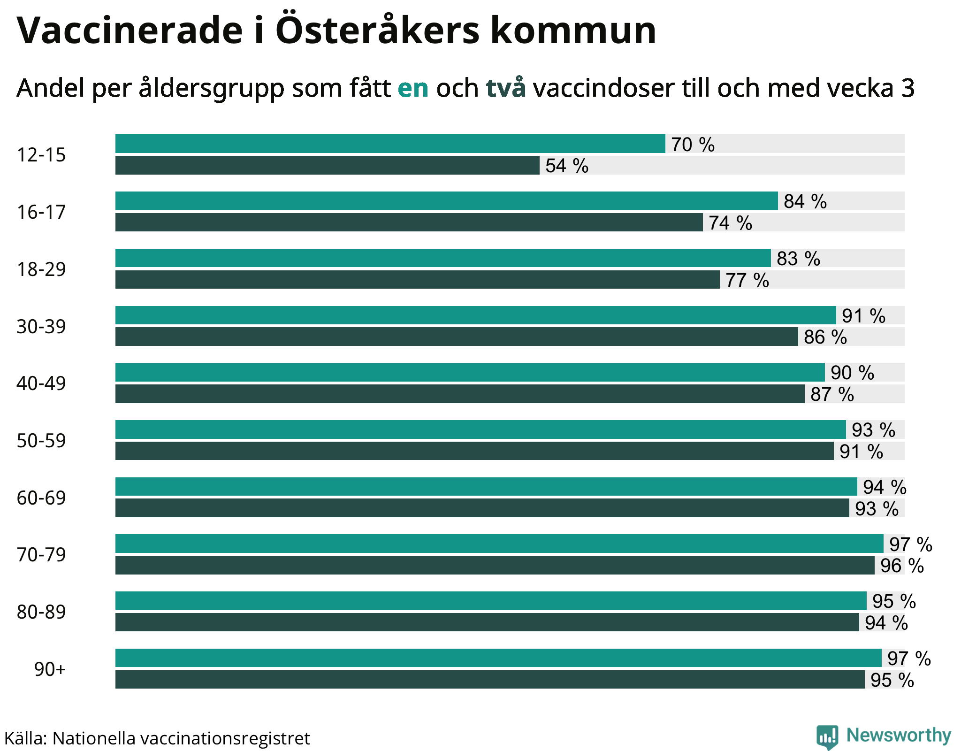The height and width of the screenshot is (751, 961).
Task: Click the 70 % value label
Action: [x=693, y=145]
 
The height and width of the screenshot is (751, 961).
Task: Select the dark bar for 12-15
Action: [x=327, y=165]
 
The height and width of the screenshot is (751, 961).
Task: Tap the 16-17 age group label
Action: [x=41, y=212]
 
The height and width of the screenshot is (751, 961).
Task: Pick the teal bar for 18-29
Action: [x=443, y=258]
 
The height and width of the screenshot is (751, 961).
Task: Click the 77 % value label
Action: [x=747, y=280]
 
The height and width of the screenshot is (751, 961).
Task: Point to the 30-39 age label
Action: [x=41, y=327]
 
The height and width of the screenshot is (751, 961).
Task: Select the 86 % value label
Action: [x=825, y=337]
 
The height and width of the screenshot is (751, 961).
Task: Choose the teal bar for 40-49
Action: [x=470, y=372]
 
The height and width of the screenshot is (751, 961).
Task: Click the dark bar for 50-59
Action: [x=474, y=451]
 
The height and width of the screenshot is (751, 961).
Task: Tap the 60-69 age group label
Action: [x=41, y=498]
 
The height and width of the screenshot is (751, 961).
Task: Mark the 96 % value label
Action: [x=902, y=566]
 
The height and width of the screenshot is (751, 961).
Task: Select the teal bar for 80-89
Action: [x=491, y=601]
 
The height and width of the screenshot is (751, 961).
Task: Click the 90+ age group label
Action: [x=50, y=669]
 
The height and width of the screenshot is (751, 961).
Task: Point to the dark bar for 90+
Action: [x=490, y=680]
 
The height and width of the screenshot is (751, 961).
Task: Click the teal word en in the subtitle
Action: [x=413, y=88]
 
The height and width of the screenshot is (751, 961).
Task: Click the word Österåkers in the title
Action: [x=377, y=30]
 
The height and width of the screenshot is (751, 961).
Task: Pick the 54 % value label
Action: [x=567, y=166]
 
